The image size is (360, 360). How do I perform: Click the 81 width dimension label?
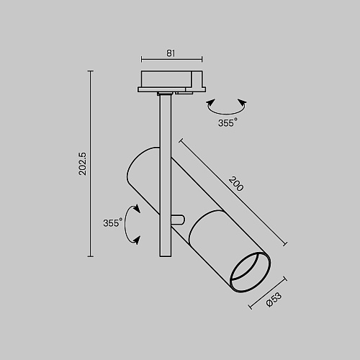point(171,53)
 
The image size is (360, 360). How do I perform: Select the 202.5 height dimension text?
point(83,163)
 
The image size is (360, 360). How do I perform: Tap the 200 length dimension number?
point(236,184)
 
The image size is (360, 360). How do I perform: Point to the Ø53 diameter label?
point(274,300)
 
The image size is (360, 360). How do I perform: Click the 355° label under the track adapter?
point(228,122)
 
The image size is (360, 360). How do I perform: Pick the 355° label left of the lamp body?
point(112,222)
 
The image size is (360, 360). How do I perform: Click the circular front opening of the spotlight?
point(250,272)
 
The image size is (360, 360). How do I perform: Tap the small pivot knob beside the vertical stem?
point(178,220)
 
